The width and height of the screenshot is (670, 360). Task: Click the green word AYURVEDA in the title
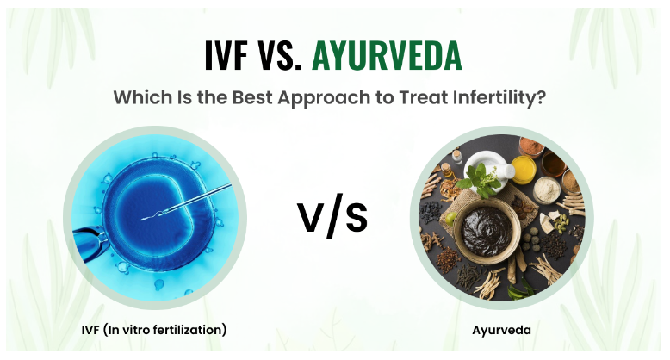pyautogui.click(x=387, y=56)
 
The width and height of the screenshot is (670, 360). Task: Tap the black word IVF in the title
pyautogui.click(x=226, y=56)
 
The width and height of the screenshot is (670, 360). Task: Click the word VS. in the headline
pyautogui.click(x=279, y=56)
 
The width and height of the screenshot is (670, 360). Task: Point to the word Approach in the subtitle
pyautogui.click(x=324, y=98)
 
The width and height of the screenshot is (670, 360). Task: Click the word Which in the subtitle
pyautogui.click(x=142, y=97)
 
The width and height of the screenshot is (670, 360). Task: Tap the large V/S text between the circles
pyautogui.click(x=332, y=215)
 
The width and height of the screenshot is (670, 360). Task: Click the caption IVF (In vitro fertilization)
pyautogui.click(x=154, y=330)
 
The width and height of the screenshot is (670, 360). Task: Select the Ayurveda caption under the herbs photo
pyautogui.click(x=502, y=330)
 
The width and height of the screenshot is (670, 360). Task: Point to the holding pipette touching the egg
pyautogui.click(x=89, y=244)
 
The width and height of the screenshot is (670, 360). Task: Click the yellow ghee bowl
pyautogui.click(x=524, y=170)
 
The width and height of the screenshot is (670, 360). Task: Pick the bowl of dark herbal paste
pyautogui.click(x=487, y=230)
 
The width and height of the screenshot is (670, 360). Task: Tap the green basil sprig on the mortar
pyautogui.click(x=480, y=182)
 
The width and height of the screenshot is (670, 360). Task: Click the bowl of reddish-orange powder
pyautogui.click(x=531, y=146)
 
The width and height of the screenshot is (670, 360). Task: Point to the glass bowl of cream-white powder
pyautogui.click(x=547, y=189)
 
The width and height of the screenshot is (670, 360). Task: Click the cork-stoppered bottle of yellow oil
pyautogui.click(x=447, y=170)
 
